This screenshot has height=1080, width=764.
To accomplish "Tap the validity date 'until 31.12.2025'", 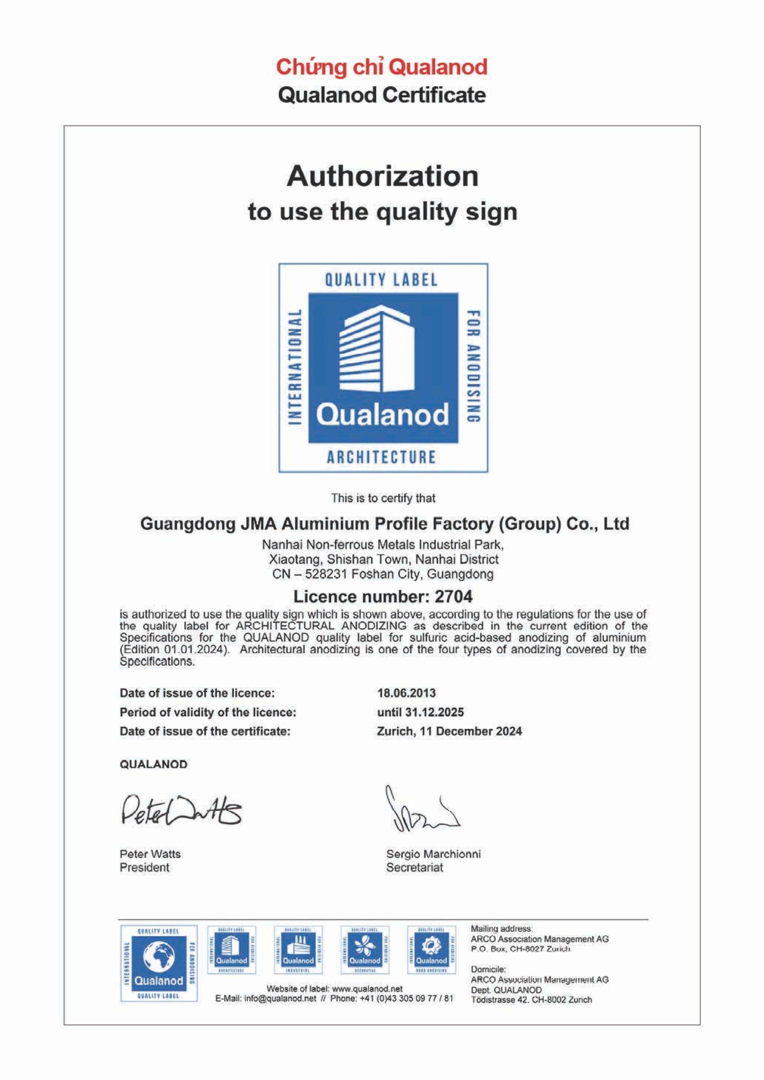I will point(420,712).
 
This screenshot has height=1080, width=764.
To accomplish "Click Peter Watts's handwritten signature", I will point(181,811).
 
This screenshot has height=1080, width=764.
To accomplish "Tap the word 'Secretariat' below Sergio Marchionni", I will point(414,867).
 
